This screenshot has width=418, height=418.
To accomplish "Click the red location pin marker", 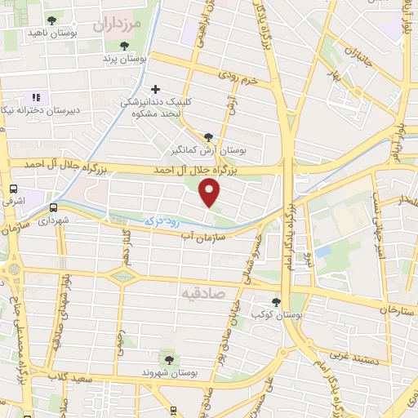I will [x=211, y=192].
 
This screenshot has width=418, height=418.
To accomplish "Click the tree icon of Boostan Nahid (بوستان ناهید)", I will [x=52, y=20].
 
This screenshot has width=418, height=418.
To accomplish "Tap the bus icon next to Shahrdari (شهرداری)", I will [x=53, y=207].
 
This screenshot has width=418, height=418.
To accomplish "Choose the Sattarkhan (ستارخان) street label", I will [x=385, y=311].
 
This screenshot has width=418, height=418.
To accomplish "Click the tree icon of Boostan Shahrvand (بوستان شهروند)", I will [x=168, y=359].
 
